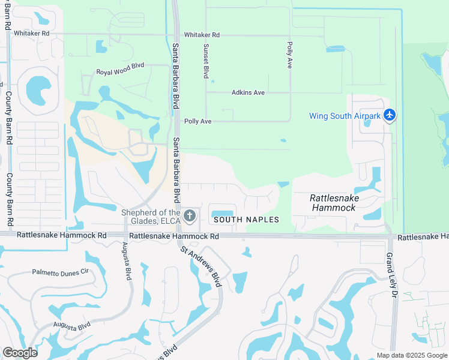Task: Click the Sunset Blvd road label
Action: tap(205, 61)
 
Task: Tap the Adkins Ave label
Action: tap(248, 92)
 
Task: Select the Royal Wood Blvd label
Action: tap(121, 72)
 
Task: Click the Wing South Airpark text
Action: tap(345, 116)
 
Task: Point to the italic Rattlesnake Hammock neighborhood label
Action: tap(333, 203)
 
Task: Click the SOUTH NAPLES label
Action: tap(247, 220)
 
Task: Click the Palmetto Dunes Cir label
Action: tap(60, 272)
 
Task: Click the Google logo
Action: tap(20, 352)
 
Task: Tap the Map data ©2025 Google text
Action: tap(411, 355)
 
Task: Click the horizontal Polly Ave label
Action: tap(198, 121)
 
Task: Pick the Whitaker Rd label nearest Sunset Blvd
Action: tap(202, 35)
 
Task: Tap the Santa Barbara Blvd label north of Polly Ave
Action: tap(176, 75)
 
